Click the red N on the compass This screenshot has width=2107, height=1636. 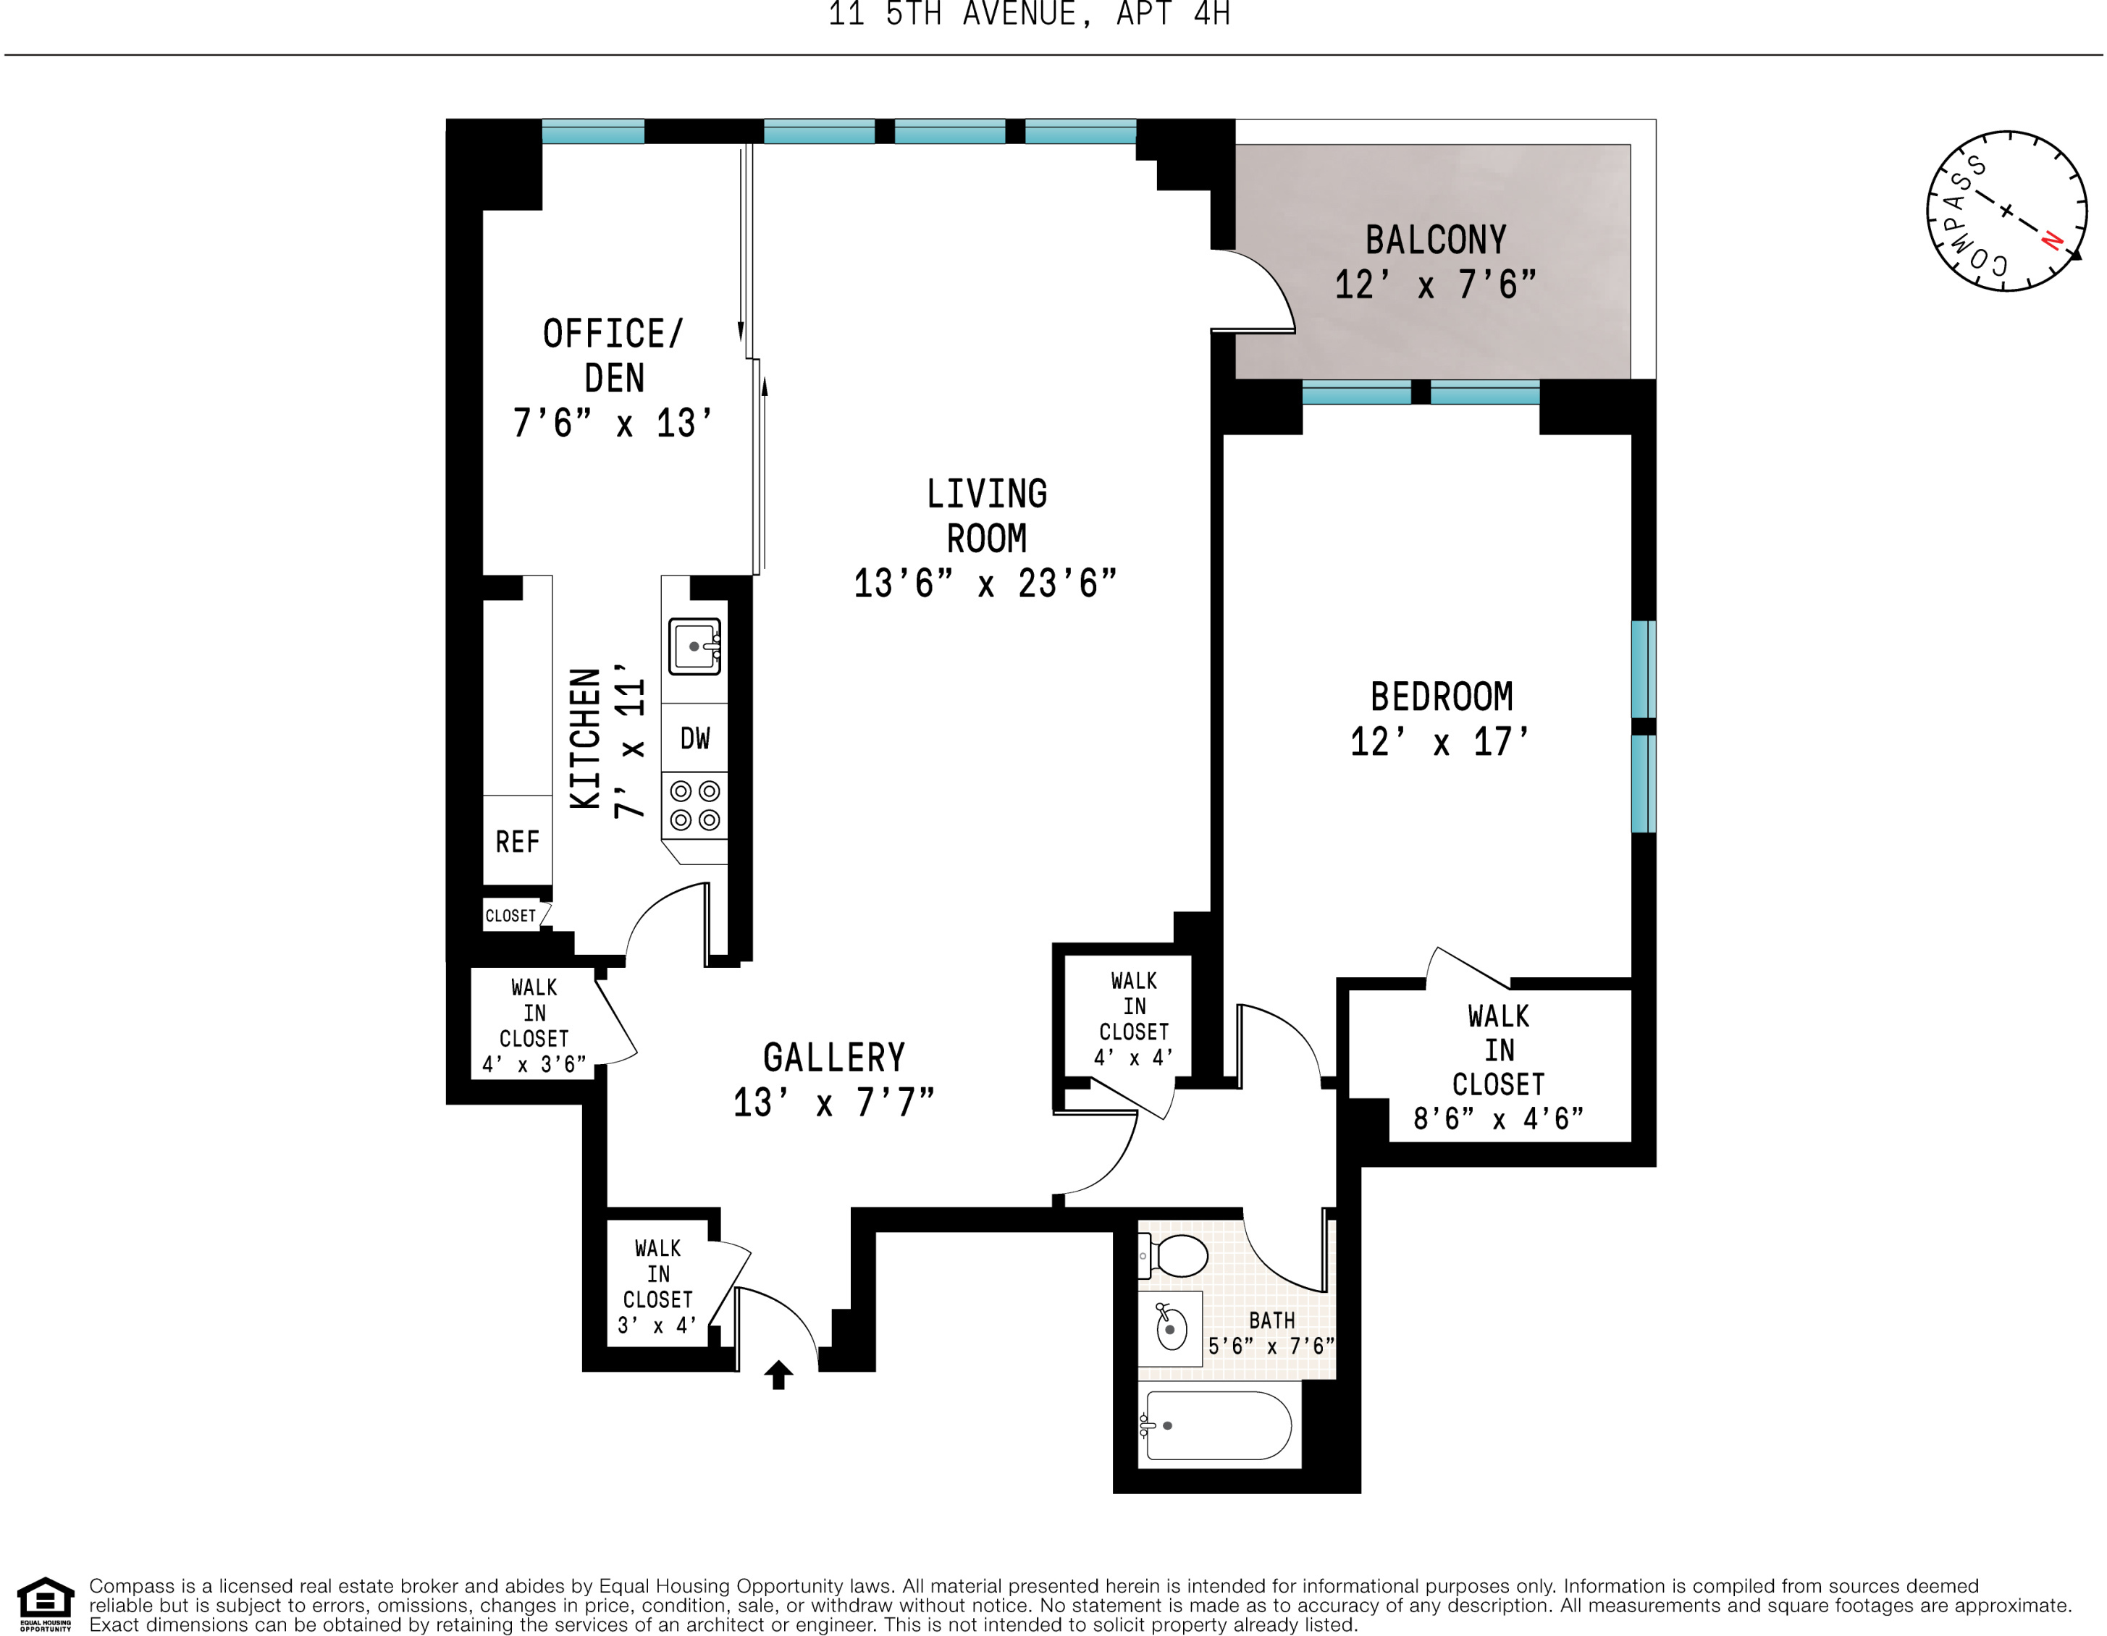tap(2052, 240)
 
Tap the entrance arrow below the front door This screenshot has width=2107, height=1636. tap(778, 1374)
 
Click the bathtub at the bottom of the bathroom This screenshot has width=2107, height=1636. tap(1218, 1426)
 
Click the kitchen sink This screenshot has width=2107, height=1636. tap(694, 646)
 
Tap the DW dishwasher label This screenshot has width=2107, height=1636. tap(694, 739)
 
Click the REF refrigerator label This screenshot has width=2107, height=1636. tap(517, 842)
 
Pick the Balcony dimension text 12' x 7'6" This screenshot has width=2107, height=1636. tap(1434, 285)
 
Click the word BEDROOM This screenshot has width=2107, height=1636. tap(1442, 696)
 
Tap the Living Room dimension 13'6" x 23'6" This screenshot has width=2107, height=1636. tap(985, 583)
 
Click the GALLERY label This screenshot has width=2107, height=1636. tap(833, 1058)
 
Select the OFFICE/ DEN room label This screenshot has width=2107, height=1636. tap(613, 355)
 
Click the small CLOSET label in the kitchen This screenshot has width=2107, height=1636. tap(510, 916)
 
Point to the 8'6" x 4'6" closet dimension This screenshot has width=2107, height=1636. tap(1497, 1119)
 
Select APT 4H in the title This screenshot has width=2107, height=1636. tap(1172, 14)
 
